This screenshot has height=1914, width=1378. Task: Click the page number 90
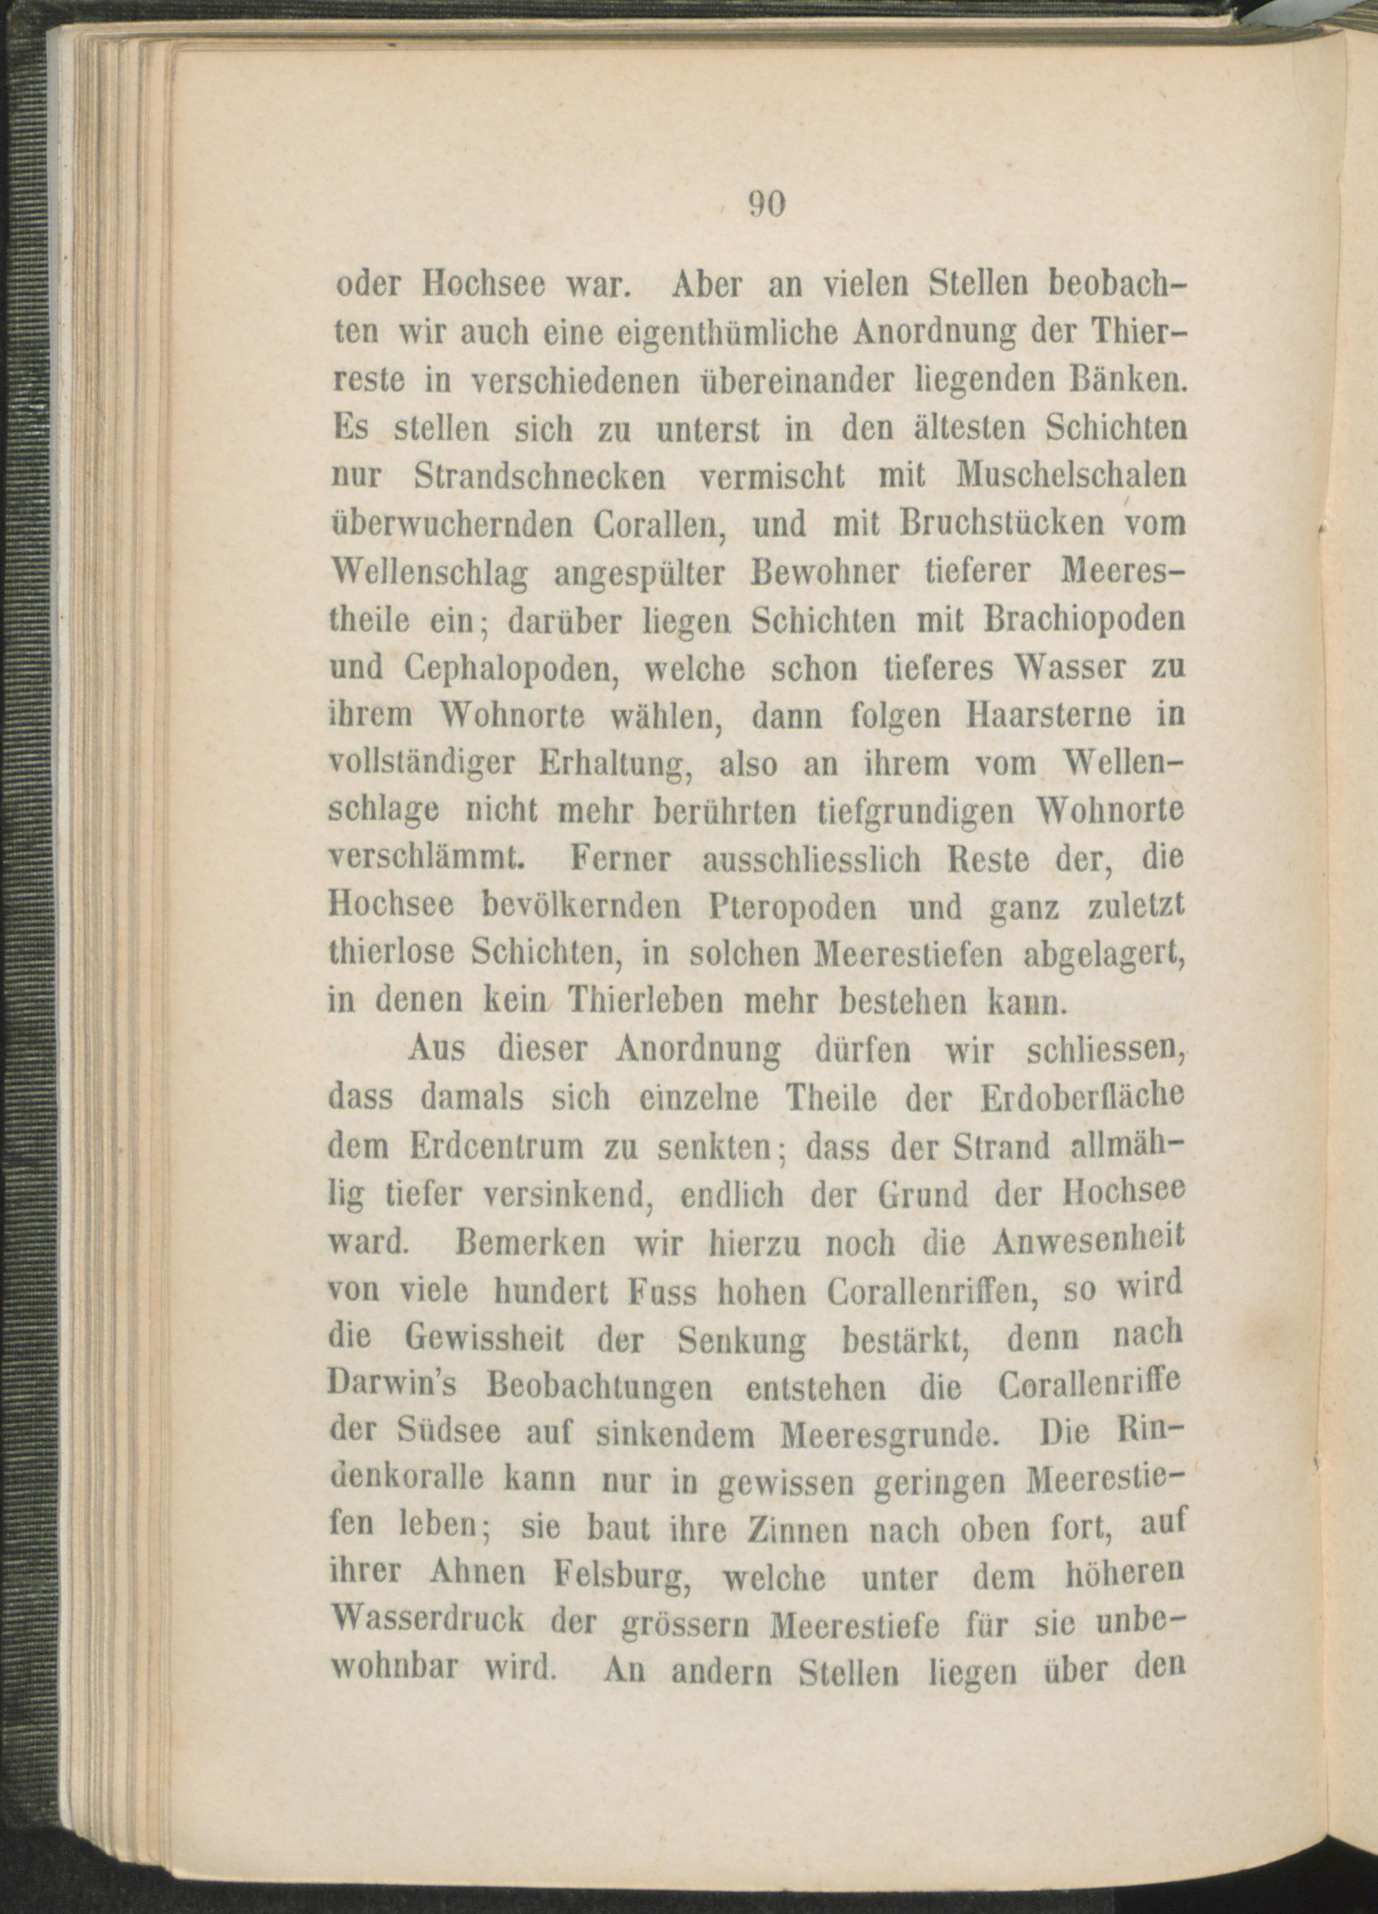pos(767,205)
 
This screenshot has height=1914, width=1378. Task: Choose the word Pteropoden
pos(788,910)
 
